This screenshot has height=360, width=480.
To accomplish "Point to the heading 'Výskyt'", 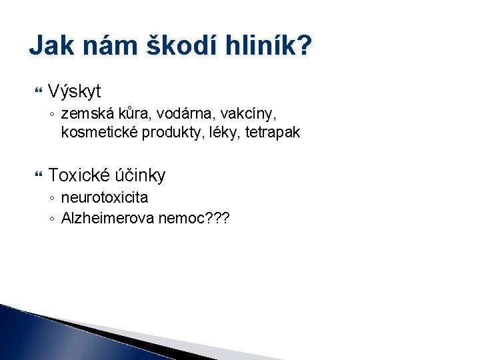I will [74, 91].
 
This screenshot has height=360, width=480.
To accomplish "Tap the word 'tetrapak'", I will [273, 132].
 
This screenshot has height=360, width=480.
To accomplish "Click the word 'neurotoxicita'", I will [105, 197].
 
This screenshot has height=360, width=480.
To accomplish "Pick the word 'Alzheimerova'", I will [108, 217].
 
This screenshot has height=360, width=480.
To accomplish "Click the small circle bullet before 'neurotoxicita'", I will [52, 198].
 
